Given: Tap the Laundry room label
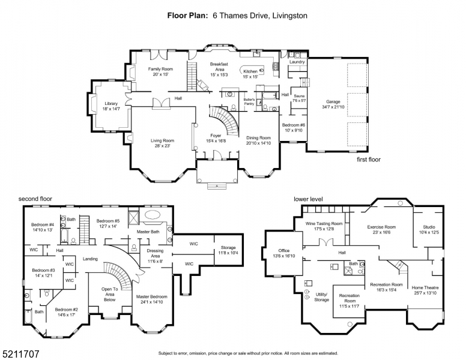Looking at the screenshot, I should click(297, 62).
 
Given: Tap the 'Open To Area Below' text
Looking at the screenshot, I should click(109, 292).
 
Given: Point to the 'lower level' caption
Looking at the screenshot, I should click(308, 199).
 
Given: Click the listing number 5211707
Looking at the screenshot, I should click(20, 355).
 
